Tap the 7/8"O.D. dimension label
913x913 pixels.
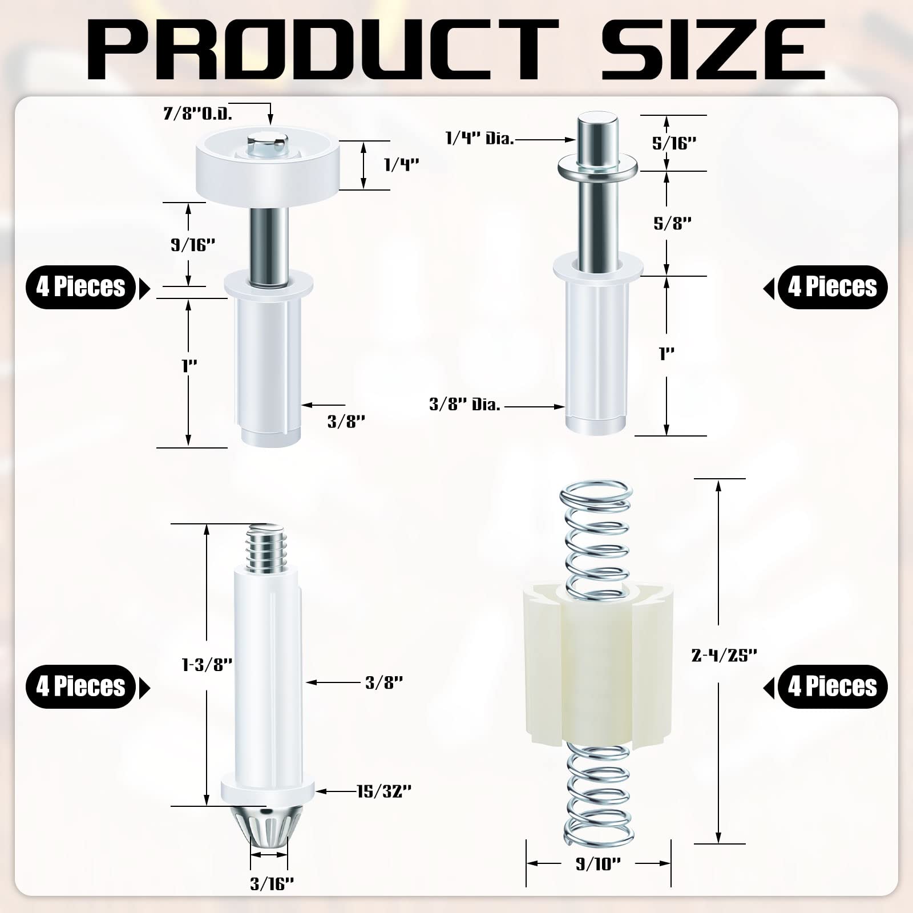point(197,114)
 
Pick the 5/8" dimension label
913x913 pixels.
point(673,223)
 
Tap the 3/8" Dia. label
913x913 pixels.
point(464,405)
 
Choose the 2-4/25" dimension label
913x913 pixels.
point(724,656)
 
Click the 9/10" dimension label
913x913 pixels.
point(597,880)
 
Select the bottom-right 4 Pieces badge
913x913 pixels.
point(832,686)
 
